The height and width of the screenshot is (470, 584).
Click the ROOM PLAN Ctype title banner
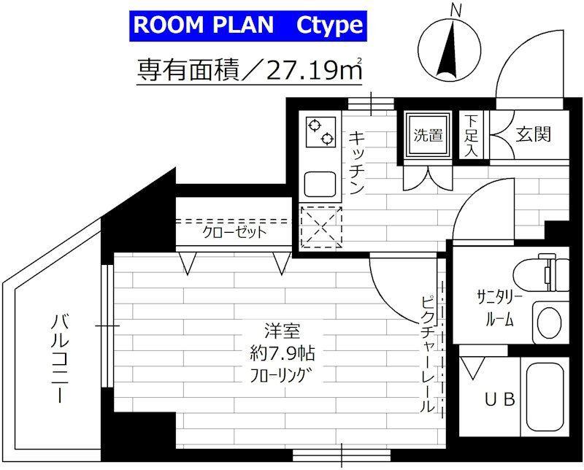(x=248, y=26)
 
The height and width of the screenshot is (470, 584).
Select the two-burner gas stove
(x=320, y=132)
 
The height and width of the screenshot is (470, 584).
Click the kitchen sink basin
(x=320, y=185)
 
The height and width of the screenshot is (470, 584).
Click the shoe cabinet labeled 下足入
(x=472, y=135)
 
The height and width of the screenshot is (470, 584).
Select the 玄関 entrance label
(x=534, y=134)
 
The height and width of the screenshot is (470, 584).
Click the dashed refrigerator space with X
(x=321, y=227)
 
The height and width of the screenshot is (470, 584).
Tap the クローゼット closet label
(x=234, y=232)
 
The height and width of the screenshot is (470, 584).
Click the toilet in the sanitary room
(x=540, y=274)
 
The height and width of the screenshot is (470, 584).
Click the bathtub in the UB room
(x=545, y=396)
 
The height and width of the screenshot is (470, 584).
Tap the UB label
(x=500, y=400)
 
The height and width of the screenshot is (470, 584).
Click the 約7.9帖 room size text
(x=283, y=353)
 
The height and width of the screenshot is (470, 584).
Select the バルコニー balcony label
(x=60, y=358)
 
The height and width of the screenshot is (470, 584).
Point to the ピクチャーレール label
(x=428, y=354)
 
